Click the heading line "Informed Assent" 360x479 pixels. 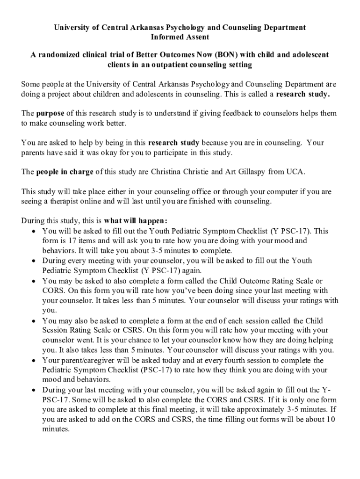(180, 37)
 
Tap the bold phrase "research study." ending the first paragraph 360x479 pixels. (303, 94)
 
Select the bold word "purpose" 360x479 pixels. (50, 114)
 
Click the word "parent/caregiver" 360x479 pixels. (84, 361)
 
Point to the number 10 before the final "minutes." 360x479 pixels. (330, 420)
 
